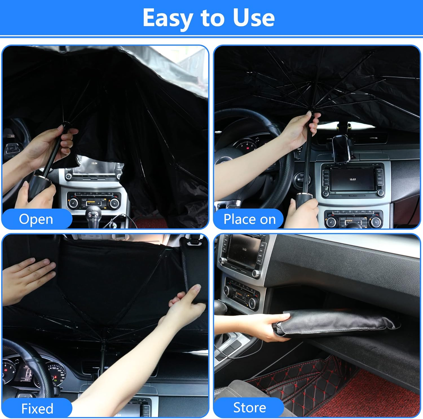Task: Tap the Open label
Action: pyautogui.click(x=36, y=219)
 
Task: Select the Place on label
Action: pyautogui.click(x=249, y=219)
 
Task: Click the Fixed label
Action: pyautogui.click(x=37, y=408)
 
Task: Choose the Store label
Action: pyautogui.click(x=249, y=407)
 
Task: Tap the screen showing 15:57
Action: pyautogui.click(x=352, y=179)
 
